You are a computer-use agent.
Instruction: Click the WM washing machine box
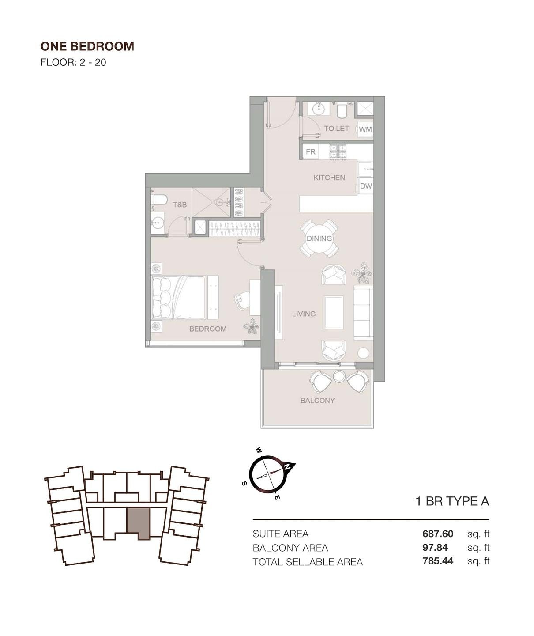(365, 129)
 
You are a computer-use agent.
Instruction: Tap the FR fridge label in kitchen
(311, 151)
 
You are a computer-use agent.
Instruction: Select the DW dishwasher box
(366, 186)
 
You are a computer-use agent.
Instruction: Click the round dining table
(319, 238)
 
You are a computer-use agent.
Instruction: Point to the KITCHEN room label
(329, 178)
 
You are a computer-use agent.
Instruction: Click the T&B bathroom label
(180, 204)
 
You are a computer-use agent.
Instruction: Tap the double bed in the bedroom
(178, 297)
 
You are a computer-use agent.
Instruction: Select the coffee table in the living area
(334, 312)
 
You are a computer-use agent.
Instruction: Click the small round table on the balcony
(338, 376)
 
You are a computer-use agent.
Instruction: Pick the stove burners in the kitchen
(338, 151)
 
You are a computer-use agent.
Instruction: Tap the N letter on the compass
(287, 467)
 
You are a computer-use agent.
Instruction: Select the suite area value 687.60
(438, 534)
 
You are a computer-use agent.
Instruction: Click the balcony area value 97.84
(435, 547)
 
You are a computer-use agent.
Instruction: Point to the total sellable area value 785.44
(438, 561)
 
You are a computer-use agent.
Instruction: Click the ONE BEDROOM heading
(87, 46)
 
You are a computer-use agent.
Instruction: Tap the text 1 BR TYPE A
(452, 501)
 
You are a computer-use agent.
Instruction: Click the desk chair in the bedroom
(241, 300)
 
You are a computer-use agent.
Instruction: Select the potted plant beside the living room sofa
(362, 273)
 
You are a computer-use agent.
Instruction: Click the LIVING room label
(304, 314)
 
